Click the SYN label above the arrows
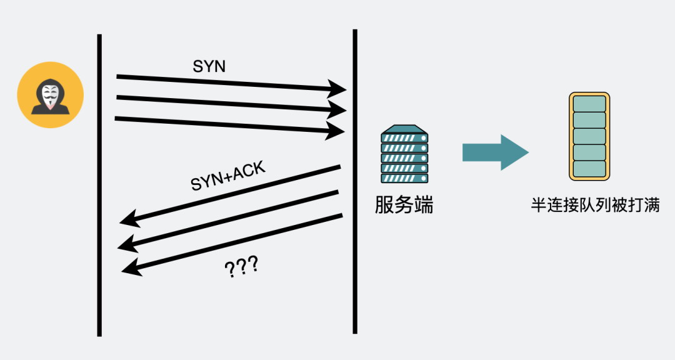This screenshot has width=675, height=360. (209, 67)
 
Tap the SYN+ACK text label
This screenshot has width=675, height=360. (228, 176)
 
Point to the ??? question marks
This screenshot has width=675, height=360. (241, 268)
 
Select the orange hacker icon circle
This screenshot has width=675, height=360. (50, 95)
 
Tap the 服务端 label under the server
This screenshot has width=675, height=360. (404, 205)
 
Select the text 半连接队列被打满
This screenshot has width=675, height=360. (595, 205)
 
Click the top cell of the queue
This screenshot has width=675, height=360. (589, 104)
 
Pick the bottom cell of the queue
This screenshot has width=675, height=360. (589, 169)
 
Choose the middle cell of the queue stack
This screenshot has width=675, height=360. (589, 136)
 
